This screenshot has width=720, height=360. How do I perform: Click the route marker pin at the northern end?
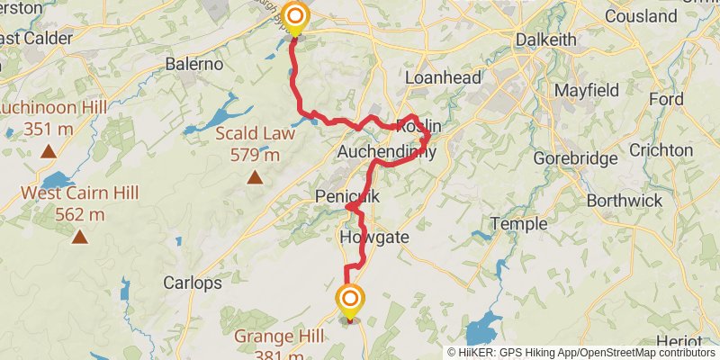[294, 17]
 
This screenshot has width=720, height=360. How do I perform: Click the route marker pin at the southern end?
[350, 300]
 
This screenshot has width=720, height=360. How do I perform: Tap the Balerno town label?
[194, 64]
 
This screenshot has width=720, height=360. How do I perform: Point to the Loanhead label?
[438, 77]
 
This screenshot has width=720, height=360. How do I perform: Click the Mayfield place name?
[586, 91]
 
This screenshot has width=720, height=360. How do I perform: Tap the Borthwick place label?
[623, 201]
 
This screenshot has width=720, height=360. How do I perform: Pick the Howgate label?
[375, 238]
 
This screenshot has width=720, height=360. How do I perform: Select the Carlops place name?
[193, 283]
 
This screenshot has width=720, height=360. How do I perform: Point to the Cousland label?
[641, 16]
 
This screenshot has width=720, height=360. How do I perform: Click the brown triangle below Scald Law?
[256, 177]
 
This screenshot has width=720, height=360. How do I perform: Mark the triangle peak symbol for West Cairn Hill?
[80, 237]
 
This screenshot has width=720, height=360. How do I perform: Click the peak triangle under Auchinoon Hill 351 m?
[49, 151]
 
